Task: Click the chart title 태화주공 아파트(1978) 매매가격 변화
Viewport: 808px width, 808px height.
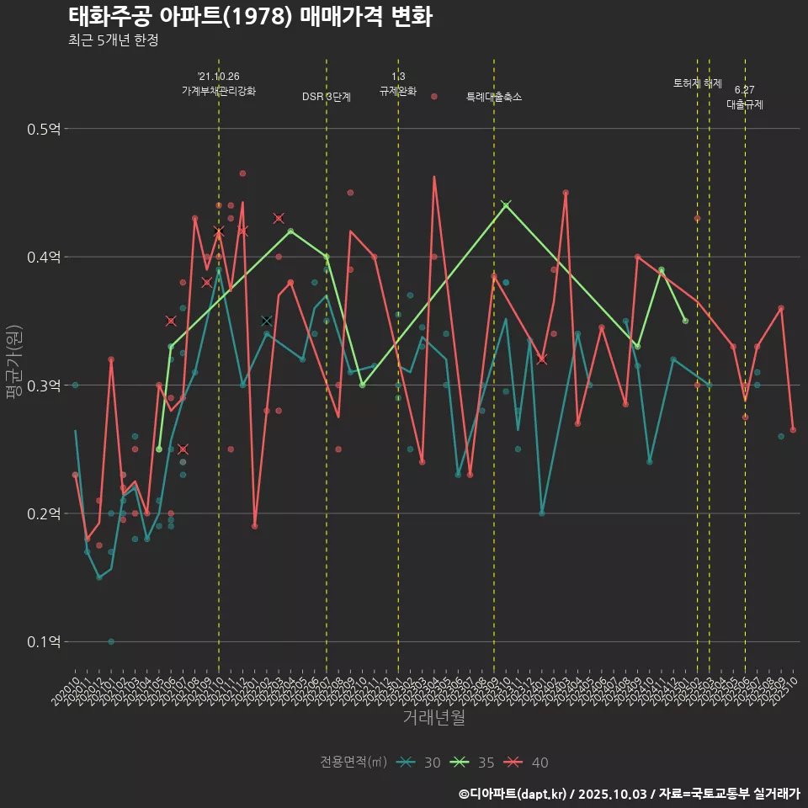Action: [x=250, y=16]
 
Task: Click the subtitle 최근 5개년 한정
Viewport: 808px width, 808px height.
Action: [x=113, y=40]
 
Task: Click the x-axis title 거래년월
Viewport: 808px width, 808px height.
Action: [x=433, y=718]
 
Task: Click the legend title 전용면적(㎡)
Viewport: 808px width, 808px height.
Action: [x=353, y=763]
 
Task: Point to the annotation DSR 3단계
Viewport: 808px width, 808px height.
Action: [x=327, y=97]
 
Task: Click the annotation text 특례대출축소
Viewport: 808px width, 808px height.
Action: [x=494, y=97]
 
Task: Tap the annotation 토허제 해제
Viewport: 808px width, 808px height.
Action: [x=698, y=83]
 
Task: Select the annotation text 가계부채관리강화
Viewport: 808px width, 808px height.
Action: [x=219, y=90]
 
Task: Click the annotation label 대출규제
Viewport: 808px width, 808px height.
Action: [x=745, y=104]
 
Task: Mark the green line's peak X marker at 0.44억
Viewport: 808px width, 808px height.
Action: [x=506, y=205]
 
